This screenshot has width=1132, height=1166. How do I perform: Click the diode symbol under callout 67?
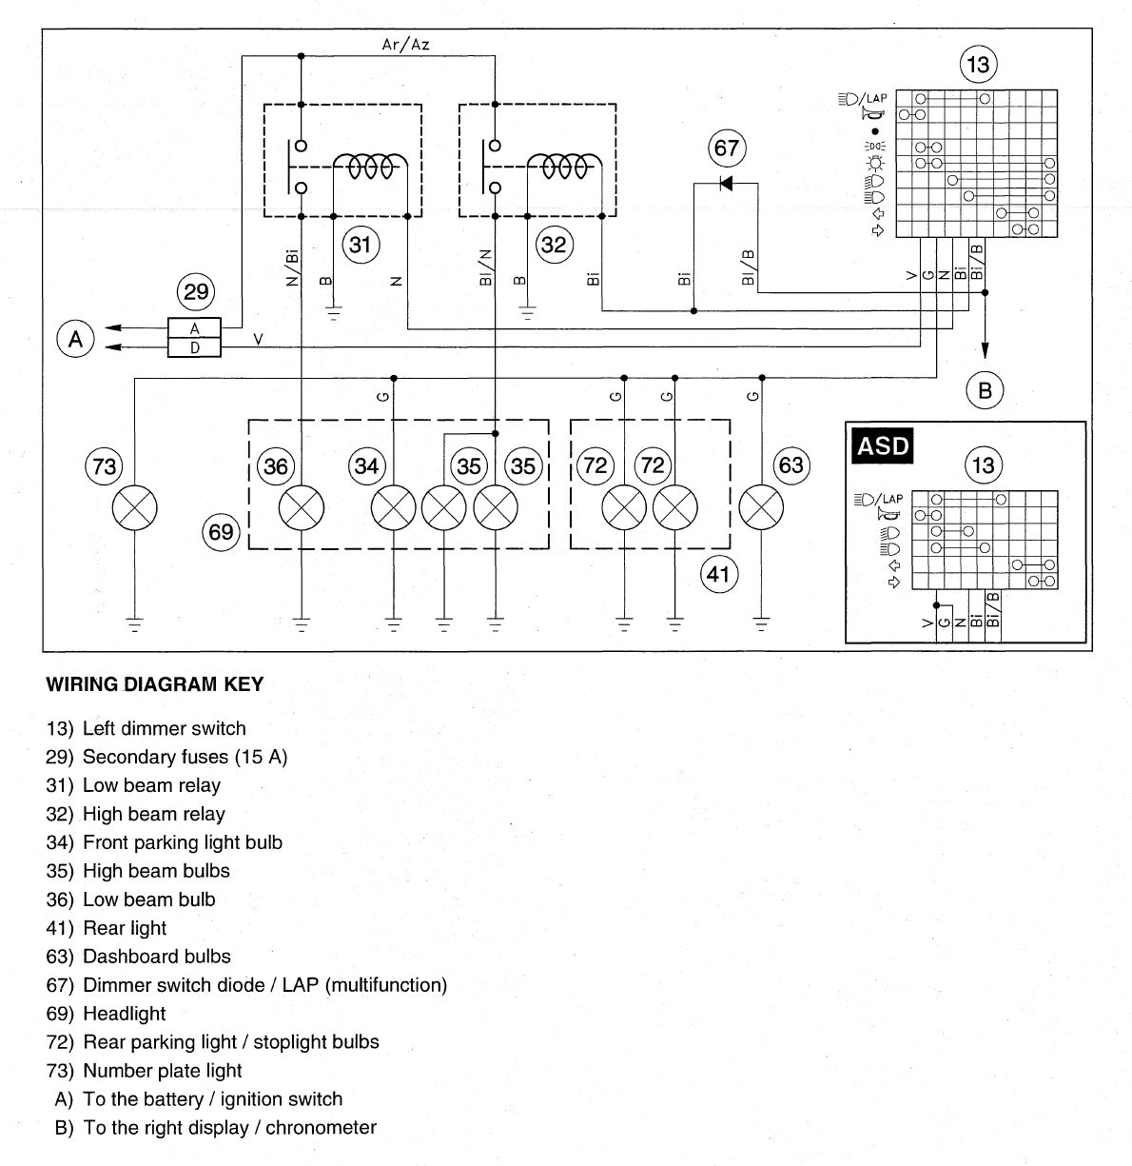[726, 183]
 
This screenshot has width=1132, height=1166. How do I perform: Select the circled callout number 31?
[360, 245]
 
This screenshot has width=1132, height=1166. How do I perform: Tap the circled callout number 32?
[554, 245]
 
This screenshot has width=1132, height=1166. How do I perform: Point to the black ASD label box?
[882, 445]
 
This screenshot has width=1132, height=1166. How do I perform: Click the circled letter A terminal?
[75, 339]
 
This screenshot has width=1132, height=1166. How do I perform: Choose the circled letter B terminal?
[985, 390]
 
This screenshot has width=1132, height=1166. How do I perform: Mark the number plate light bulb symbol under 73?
[135, 508]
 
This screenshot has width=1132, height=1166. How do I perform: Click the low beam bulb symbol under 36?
[302, 508]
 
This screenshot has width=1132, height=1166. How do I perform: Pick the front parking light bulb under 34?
[394, 508]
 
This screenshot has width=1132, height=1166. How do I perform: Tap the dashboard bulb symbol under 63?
[761, 508]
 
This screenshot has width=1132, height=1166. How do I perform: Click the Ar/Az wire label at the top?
[405, 45]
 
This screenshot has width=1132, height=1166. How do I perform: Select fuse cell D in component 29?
[194, 347]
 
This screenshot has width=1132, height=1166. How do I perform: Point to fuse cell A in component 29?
[194, 328]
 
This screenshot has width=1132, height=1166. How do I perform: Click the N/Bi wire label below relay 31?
[292, 267]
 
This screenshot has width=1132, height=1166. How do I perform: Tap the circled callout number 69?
[221, 532]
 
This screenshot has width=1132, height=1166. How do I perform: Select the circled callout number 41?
[719, 575]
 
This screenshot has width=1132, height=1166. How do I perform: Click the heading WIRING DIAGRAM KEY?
[155, 684]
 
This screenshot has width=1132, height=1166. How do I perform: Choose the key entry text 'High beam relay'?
[154, 814]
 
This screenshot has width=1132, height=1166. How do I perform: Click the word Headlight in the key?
[125, 1013]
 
